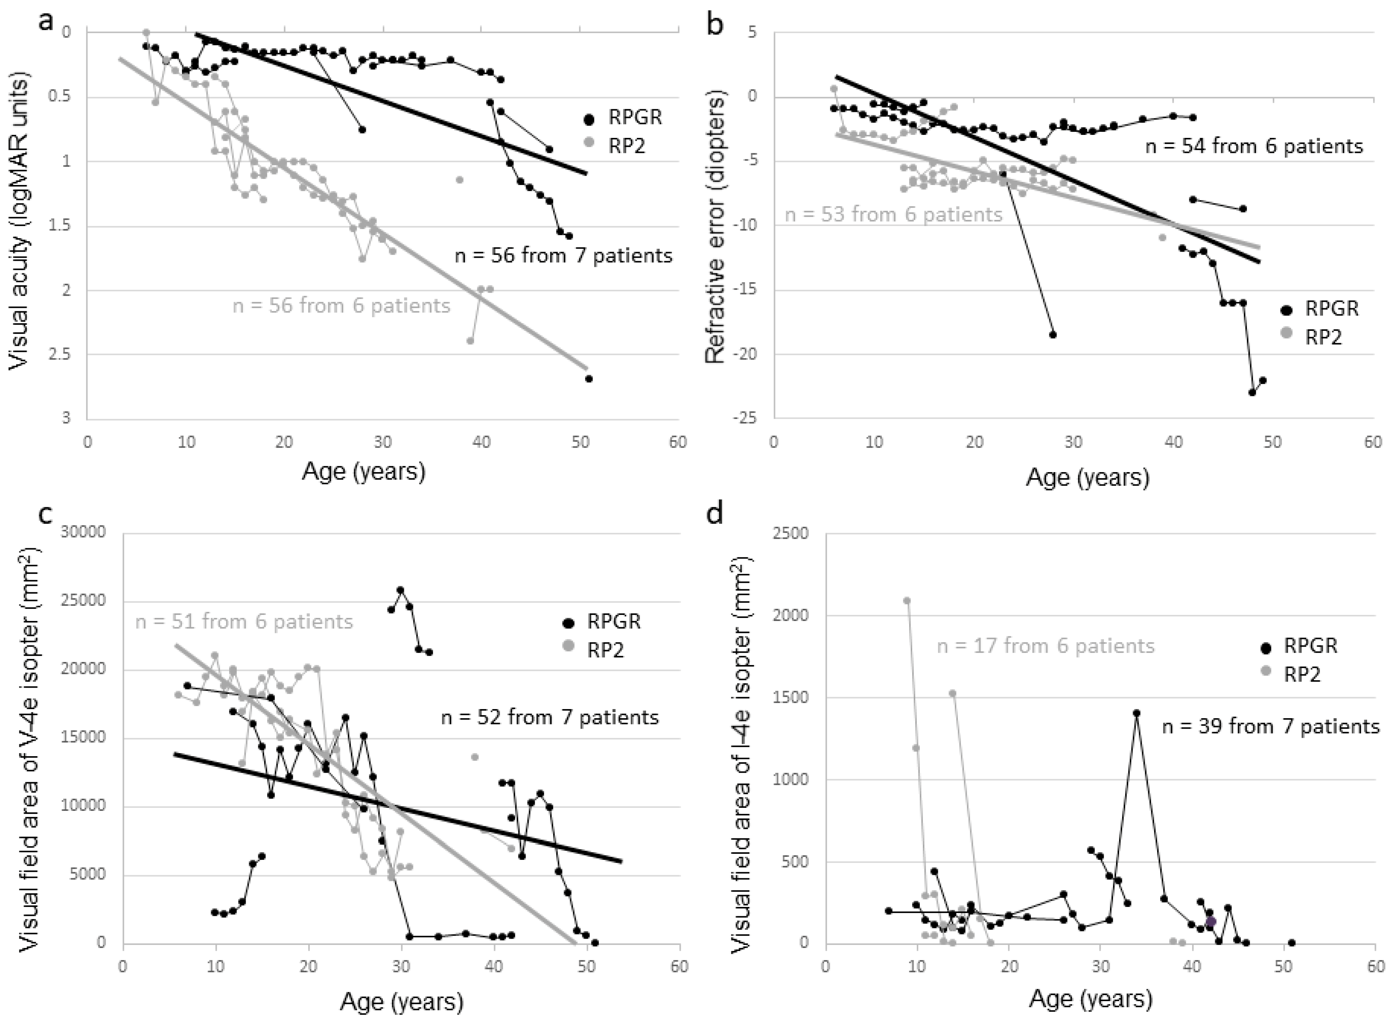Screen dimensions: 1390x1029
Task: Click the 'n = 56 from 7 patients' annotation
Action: click(564, 255)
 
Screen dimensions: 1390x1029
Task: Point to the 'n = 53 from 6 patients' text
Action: click(893, 215)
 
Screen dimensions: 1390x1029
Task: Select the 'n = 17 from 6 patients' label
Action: click(1046, 646)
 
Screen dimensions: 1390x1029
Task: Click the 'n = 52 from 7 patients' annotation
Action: click(550, 717)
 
